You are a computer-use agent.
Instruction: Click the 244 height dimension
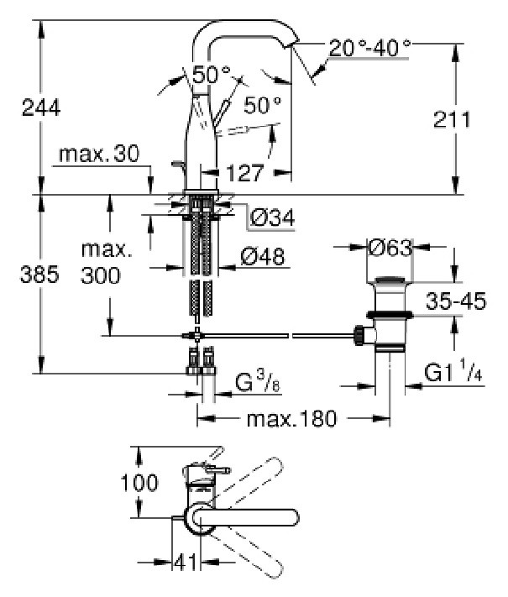coord(41,107)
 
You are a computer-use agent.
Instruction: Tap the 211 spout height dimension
coord(452,119)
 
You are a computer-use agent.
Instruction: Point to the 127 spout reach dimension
coord(245,173)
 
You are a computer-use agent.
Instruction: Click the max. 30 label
coord(99,154)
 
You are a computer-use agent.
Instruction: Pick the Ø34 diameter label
coord(273,218)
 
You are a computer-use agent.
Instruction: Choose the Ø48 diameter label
coord(263,257)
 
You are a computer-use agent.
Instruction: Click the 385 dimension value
coord(39,274)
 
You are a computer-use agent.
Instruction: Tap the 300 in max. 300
coord(101,275)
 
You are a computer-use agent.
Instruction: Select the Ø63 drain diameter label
coord(390,249)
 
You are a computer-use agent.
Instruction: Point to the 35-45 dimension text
coord(456,301)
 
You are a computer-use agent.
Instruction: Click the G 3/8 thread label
coord(258,382)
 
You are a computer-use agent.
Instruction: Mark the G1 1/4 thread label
coord(453,372)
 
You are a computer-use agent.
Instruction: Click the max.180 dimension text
coord(292,418)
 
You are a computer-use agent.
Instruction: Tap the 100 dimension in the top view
coord(139,483)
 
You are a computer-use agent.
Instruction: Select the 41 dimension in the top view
coord(186,562)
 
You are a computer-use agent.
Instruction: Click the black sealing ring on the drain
coord(390,315)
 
